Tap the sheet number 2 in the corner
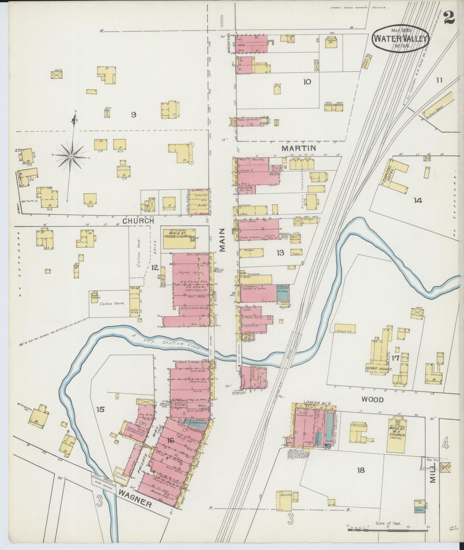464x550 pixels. tap(449, 18)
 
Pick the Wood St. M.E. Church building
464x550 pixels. tap(397, 438)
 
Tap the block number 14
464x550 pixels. tap(417, 200)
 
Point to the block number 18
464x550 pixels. tap(361, 470)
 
